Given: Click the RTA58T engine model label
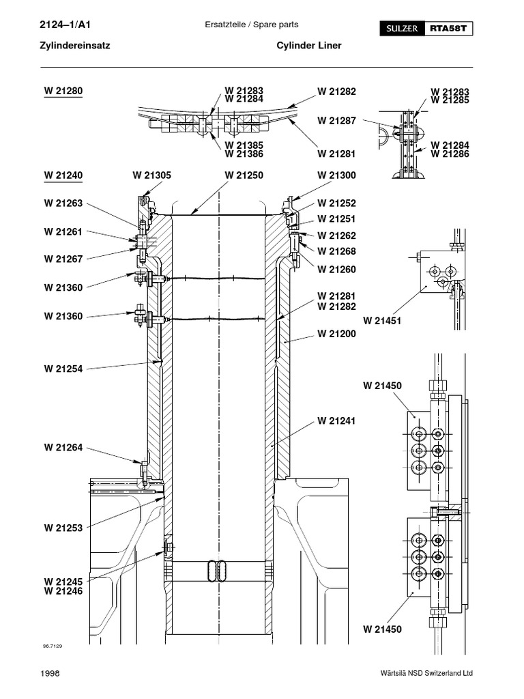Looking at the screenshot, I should (449, 29).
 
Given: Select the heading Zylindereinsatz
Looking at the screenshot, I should (77, 46).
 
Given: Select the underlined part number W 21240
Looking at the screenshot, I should (63, 175).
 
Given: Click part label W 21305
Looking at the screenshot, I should (151, 175).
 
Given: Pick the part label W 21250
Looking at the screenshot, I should (244, 175).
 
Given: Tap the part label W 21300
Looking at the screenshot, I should (336, 175).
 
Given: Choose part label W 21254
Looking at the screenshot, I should (63, 369).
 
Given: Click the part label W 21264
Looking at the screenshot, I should (63, 448).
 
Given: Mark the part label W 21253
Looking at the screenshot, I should (63, 528).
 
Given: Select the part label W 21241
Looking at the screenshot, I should (336, 421).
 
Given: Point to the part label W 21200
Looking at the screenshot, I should (336, 334).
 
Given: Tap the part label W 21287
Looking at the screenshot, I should (336, 121).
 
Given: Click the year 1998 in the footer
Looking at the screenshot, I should (50, 674).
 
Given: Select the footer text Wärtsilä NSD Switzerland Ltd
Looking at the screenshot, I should (426, 674).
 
